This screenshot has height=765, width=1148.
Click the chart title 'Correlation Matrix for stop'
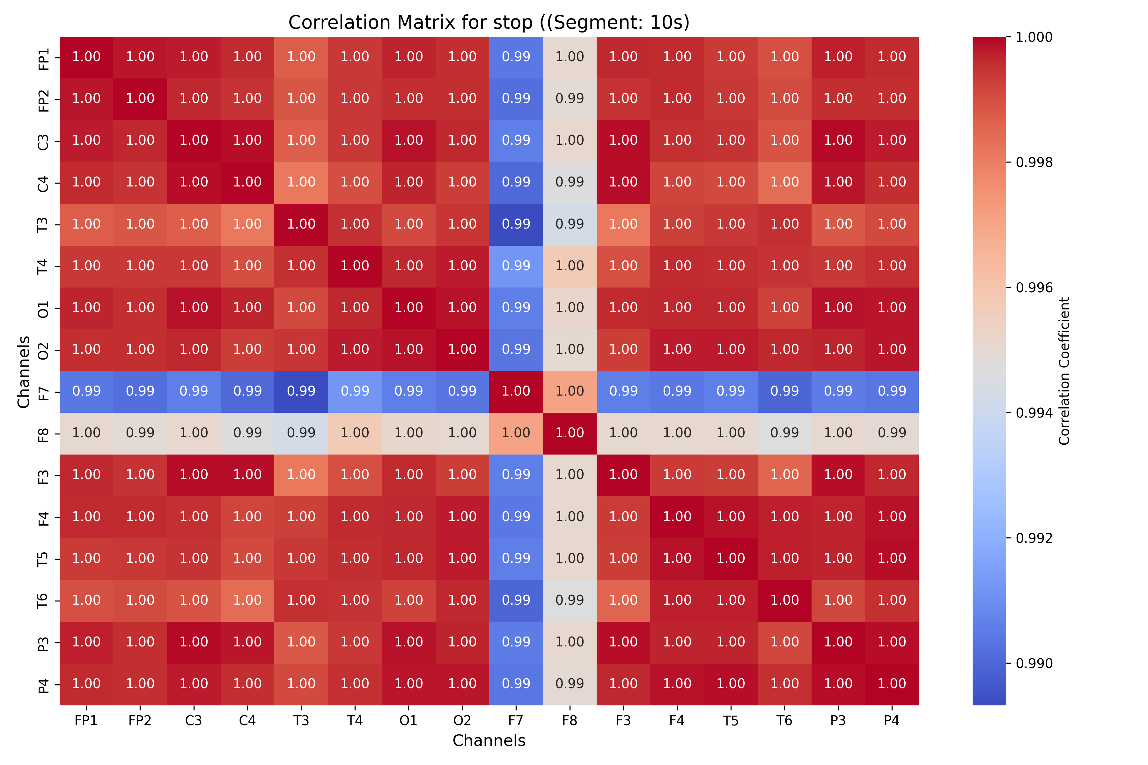[489, 22]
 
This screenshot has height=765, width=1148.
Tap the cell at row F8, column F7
[516, 433]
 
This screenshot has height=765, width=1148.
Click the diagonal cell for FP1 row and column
[86, 57]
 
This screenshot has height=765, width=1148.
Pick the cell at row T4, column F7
[516, 266]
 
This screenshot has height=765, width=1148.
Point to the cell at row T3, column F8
[570, 224]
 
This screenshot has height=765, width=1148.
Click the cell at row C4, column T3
[301, 182]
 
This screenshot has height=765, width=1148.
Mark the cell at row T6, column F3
[623, 601]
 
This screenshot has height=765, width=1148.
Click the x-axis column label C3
[194, 721]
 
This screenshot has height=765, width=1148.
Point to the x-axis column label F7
[516, 721]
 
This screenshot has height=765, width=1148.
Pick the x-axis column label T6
[784, 721]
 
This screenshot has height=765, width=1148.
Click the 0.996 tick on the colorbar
[1034, 288]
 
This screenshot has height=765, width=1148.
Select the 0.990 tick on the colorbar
[1034, 664]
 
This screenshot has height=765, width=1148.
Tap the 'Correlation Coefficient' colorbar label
[1064, 371]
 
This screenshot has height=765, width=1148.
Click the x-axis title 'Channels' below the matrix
[489, 740]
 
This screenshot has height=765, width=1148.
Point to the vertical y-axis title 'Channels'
[23, 371]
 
